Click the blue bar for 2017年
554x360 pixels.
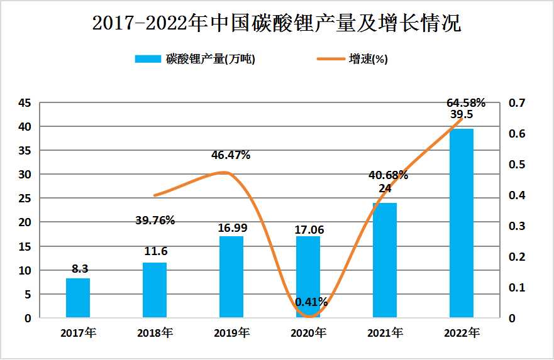78,298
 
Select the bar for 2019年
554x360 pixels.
231,277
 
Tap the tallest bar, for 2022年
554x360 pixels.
461,223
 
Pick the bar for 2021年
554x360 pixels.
384,260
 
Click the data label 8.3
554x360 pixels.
79,269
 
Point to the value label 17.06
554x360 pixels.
309,230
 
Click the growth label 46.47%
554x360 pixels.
231,155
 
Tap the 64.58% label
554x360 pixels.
466,102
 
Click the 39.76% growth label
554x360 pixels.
155,220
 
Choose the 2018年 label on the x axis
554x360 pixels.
155,332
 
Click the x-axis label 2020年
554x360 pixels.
308,332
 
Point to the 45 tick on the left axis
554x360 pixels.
24,103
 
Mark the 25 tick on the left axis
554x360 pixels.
24,199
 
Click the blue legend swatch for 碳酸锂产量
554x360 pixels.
148,59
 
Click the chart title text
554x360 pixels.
277,24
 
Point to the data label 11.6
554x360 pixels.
155,251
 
